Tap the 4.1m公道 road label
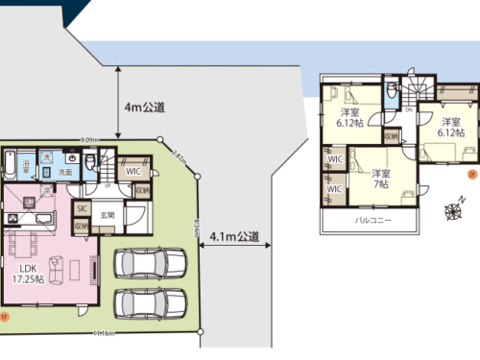click(x=236, y=236)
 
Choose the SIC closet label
click(x=83, y=207)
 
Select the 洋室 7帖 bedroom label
click(x=379, y=178)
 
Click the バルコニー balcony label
click(x=372, y=221)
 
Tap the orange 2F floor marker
click(x=471, y=174)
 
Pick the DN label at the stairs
click(x=409, y=108)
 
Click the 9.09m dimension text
click(x=89, y=140)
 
